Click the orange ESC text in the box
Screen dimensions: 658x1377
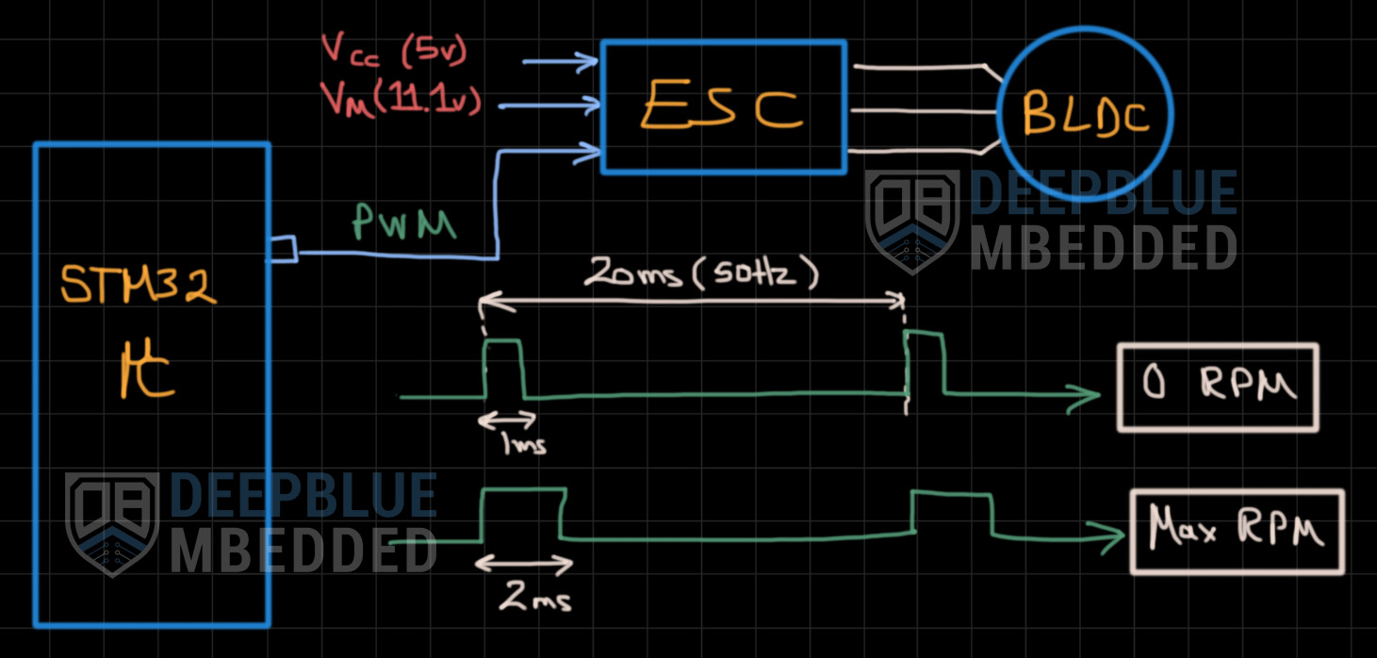721,108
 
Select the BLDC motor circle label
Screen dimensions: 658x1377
1085,115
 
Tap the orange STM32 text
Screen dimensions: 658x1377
139,285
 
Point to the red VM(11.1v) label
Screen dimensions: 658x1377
400,100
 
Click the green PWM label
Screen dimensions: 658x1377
403,224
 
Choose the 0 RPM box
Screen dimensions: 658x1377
1217,387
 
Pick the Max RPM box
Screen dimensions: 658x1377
1237,532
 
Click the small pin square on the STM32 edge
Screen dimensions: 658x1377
283,250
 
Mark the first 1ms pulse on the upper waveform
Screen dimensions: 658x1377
503,368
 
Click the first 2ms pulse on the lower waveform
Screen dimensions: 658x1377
523,514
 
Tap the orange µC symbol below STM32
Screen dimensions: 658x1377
147,372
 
